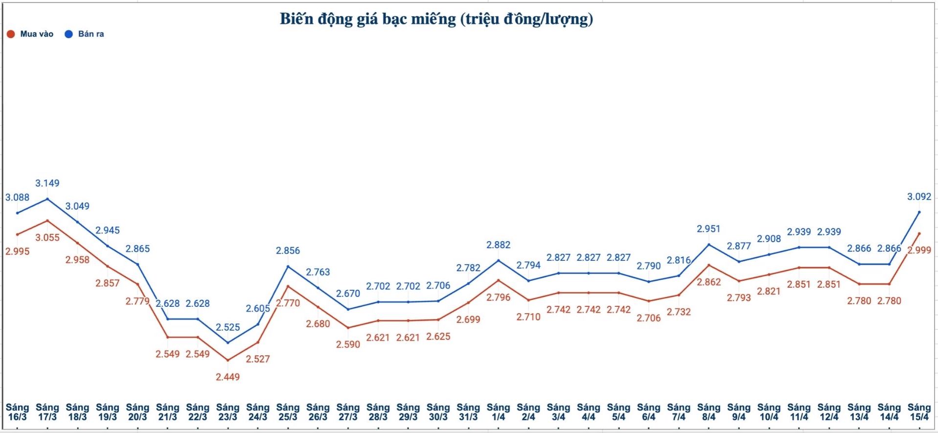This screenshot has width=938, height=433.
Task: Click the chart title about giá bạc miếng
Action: point(436,19)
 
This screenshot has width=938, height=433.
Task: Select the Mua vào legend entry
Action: point(30,34)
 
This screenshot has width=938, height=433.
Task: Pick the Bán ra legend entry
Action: point(85,34)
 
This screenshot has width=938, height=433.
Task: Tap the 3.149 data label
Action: point(47,183)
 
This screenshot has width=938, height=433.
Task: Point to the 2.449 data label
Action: point(228,377)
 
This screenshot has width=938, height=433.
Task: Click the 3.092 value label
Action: point(919,197)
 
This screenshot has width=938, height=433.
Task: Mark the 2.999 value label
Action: point(919,250)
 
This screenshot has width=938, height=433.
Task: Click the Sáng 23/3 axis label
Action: point(228,412)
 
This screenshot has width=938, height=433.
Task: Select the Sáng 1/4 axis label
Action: point(498,412)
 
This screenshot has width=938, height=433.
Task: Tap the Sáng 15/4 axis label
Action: point(919,412)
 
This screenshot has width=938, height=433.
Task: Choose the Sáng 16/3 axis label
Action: point(17,412)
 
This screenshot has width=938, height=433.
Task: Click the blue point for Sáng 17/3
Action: point(47,199)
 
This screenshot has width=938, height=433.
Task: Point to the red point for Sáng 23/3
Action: point(228,361)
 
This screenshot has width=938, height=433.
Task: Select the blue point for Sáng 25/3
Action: point(288,267)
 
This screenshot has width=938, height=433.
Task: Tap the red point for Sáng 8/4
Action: point(709,265)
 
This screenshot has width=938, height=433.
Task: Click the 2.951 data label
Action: point(709,229)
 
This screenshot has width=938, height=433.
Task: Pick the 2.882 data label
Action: point(498,245)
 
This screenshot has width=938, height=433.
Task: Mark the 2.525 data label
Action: point(228,327)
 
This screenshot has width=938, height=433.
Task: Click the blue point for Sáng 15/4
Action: point(919,212)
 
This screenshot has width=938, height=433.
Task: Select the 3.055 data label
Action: point(47,238)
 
